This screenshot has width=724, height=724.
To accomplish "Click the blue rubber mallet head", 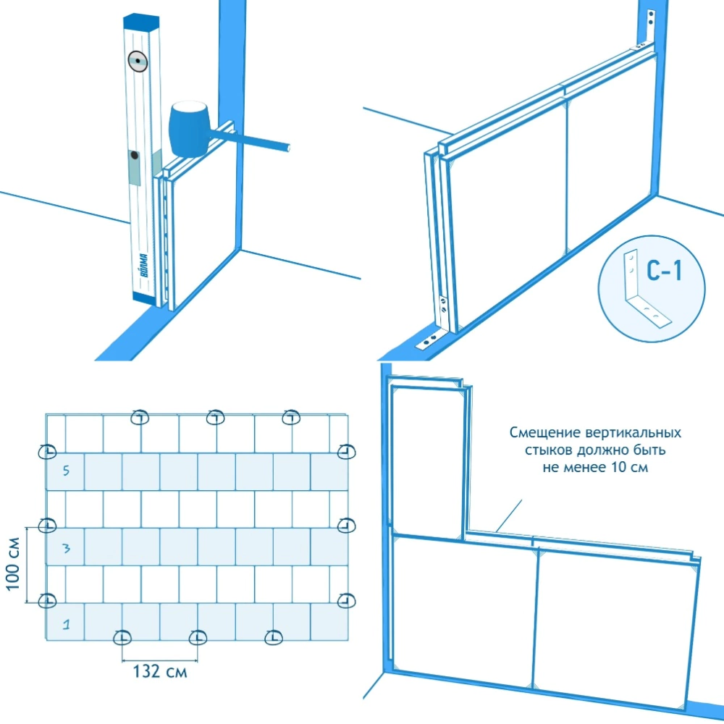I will pyautogui.click(x=188, y=129).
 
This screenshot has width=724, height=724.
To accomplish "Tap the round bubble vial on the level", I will pyautogui.click(x=136, y=62).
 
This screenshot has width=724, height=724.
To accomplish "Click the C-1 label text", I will pyautogui.click(x=664, y=272).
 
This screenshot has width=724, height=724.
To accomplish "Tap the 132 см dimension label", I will pyautogui.click(x=160, y=671).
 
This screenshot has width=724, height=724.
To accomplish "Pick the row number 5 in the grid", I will pyautogui.click(x=66, y=471).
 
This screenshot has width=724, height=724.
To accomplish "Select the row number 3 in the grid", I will pyautogui.click(x=66, y=548).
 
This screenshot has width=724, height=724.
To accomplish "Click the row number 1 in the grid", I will pyautogui.click(x=65, y=622).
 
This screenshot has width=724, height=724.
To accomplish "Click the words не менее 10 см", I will pyautogui.click(x=595, y=467).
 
